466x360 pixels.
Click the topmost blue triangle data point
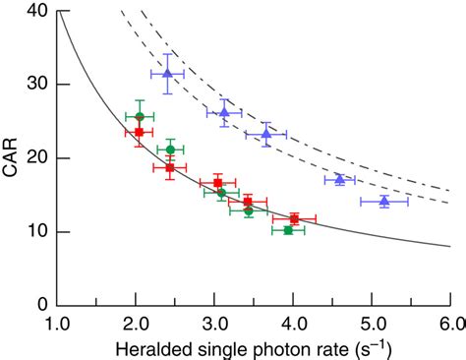click(167, 73)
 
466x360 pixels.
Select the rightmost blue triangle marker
click(383, 201)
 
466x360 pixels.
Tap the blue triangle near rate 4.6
click(339, 179)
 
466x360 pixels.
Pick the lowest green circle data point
click(288, 230)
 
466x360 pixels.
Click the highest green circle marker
click(140, 117)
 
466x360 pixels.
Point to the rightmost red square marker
click(294, 218)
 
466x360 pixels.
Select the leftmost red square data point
click(139, 132)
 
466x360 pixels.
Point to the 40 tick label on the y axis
click(36, 11)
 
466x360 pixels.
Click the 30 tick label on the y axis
click(36, 85)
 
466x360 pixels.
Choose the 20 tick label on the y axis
click(36, 158)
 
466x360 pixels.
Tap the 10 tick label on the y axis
click(36, 232)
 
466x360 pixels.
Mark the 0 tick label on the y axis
click(41, 305)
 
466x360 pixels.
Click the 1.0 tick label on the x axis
click(57, 324)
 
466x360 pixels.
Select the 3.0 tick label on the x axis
click(214, 324)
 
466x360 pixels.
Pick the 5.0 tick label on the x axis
click(372, 324)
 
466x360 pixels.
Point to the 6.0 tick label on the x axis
click(448, 324)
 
